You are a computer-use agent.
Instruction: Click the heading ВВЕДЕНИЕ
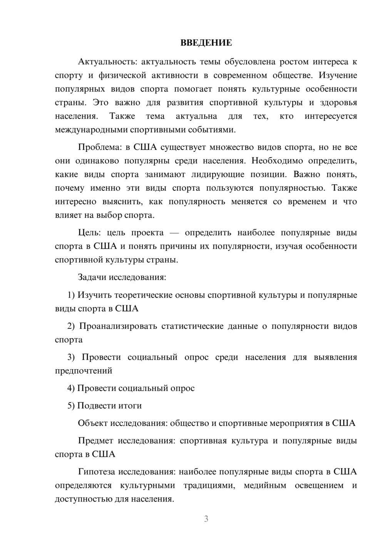206,43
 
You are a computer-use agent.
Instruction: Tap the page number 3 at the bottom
206,519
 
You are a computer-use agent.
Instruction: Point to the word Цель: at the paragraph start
90,233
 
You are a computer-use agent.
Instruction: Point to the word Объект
93,423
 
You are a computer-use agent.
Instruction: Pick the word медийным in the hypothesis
265,486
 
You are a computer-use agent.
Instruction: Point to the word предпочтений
84,371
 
